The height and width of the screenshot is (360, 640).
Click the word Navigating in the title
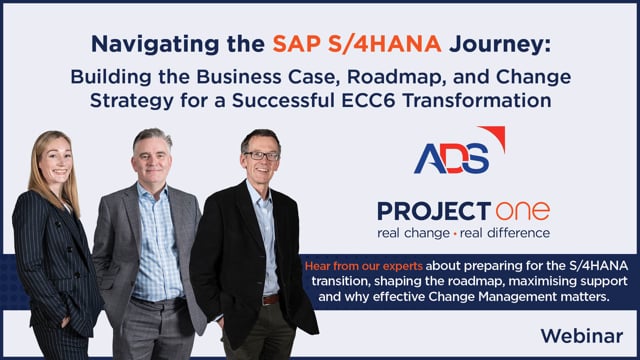pos(156,44)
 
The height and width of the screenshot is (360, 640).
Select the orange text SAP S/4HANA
pos(357,44)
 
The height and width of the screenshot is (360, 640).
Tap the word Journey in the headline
pos(500,44)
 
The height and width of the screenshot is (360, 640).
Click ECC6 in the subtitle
pos(369,101)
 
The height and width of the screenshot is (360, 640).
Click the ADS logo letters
pos(451,158)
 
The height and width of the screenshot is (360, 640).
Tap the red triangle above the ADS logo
pos(495,136)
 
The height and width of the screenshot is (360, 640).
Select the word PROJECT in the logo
pos(434,211)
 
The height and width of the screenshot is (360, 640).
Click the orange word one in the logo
pos(523,211)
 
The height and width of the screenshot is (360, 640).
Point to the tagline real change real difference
pos(463,233)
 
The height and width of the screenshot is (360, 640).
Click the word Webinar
pos(582,336)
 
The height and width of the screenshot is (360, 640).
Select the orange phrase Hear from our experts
pos(364,266)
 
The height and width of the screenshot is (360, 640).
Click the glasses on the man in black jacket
pos(262,155)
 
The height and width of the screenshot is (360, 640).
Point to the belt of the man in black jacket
pos(270,300)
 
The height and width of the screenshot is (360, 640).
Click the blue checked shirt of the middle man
pos(157,245)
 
